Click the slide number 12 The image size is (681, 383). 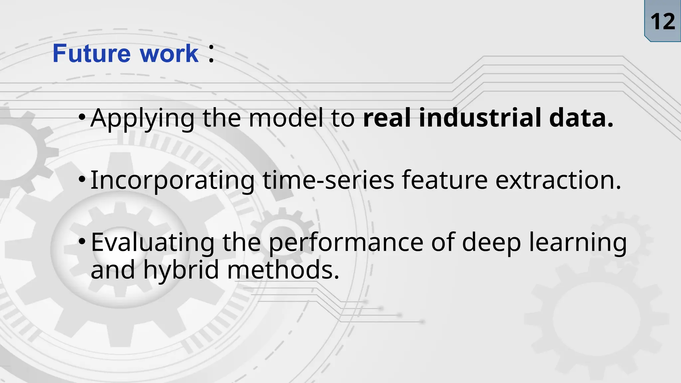[x=662, y=22]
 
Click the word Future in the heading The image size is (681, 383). [x=92, y=54]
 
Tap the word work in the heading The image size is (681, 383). [x=169, y=54]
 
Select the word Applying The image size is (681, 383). [x=142, y=118]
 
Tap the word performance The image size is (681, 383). [x=346, y=243]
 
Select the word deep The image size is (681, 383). [x=491, y=243]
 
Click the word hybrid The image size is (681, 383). [x=181, y=270]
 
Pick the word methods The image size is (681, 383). [x=283, y=270]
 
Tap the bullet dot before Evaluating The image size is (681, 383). [x=82, y=241]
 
